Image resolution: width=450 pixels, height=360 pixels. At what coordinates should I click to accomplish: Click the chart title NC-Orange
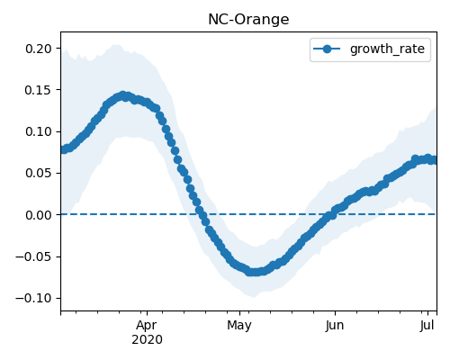click(x=248, y=20)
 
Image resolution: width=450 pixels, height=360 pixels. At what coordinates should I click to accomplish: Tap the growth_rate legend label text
click(x=387, y=49)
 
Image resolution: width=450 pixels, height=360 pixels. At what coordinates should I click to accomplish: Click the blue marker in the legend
click(x=327, y=49)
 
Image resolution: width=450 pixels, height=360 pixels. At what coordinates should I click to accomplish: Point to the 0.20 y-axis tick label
click(x=39, y=49)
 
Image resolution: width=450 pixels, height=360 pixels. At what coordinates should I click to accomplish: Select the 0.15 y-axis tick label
click(x=39, y=90)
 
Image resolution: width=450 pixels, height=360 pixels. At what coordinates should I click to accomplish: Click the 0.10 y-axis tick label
click(x=39, y=131)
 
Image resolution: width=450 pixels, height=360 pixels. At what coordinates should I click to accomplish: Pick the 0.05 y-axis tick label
click(x=39, y=174)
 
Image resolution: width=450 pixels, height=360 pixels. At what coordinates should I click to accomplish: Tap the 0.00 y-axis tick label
click(x=39, y=215)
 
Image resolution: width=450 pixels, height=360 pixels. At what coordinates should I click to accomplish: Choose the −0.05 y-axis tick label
click(x=33, y=256)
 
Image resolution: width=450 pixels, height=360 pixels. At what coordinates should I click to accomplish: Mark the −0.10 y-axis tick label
click(x=33, y=298)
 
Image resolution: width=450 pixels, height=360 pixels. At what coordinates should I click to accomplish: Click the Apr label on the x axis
click(x=147, y=326)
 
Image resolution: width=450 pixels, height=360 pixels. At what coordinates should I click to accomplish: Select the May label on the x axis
click(x=239, y=326)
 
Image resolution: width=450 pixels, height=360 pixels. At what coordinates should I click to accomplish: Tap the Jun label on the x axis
click(x=335, y=326)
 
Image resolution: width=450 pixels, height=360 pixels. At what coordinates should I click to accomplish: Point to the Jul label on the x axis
click(x=427, y=326)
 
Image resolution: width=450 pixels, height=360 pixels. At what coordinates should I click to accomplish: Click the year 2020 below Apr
click(x=147, y=340)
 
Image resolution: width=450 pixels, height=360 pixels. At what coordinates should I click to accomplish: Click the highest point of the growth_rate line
click(x=122, y=96)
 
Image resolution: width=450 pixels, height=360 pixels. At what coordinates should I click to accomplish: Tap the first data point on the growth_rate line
click(x=63, y=149)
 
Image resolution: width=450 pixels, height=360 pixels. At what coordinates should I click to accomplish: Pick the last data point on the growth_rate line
click(x=434, y=161)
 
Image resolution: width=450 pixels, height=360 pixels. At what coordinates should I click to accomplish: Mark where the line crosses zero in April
click(x=201, y=214)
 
